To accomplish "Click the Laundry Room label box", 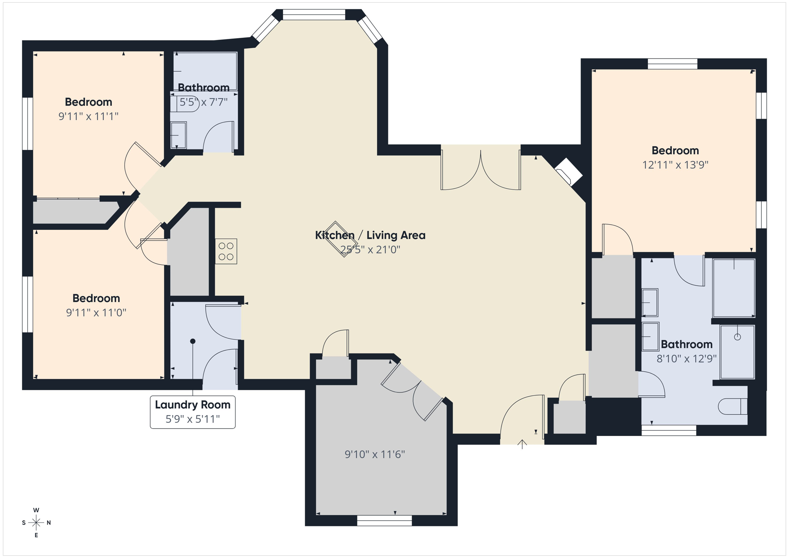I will tap(193, 412).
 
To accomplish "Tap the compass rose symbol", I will tap(36, 523).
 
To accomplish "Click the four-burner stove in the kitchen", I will tap(226, 251).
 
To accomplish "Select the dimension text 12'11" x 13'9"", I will tap(675, 165).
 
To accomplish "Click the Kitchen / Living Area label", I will tap(370, 235).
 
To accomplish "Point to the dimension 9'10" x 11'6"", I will tap(374, 454).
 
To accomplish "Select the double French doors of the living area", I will tap(481, 169).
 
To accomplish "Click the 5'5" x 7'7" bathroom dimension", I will tap(203, 102).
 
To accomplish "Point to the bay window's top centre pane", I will tap(314, 15).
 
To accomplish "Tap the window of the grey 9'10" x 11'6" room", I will tap(384, 521).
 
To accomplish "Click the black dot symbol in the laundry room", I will tap(193, 341).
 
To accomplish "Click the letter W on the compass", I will tap(36, 510).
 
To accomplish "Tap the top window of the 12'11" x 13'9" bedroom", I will tap(672, 64).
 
